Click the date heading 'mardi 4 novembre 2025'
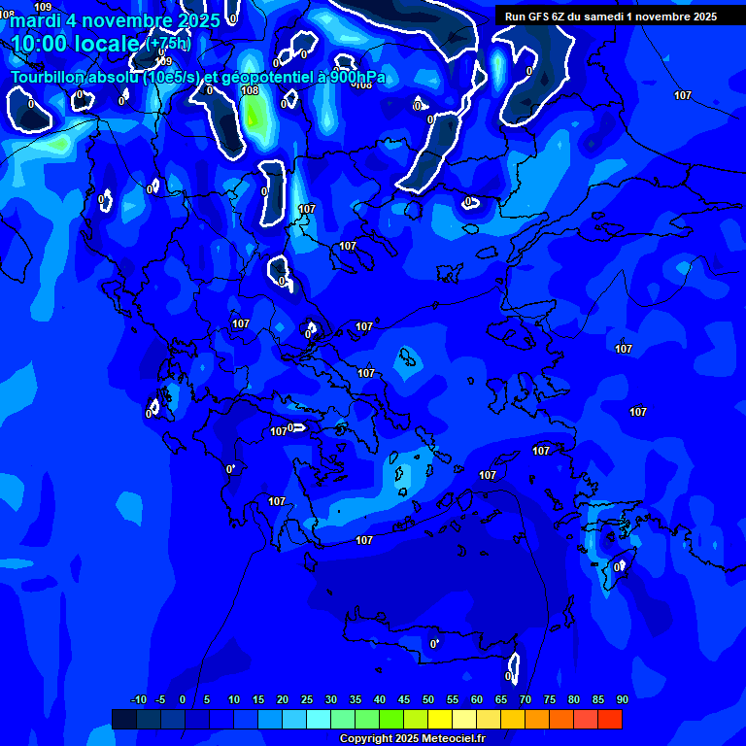(101, 20)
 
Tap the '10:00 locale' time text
(77, 44)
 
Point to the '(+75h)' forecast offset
(168, 44)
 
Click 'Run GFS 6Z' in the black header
(534, 17)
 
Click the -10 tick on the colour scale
(138, 700)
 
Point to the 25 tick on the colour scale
(307, 700)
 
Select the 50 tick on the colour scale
(428, 700)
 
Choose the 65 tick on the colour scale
(501, 700)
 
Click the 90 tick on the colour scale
(622, 700)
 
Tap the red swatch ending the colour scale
(610, 719)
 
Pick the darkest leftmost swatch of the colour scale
(124, 719)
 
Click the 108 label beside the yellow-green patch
(250, 90)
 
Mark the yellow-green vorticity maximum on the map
(254, 117)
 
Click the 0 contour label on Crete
(433, 644)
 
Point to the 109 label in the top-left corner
(43, 7)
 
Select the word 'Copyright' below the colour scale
(365, 739)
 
